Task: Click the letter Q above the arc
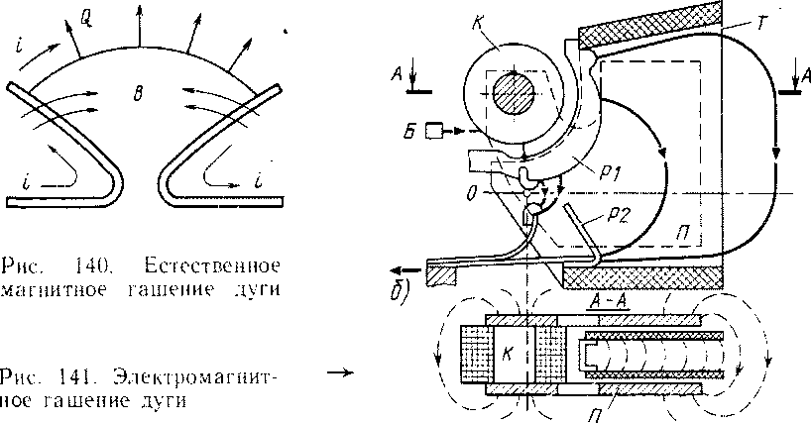click(x=87, y=16)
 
